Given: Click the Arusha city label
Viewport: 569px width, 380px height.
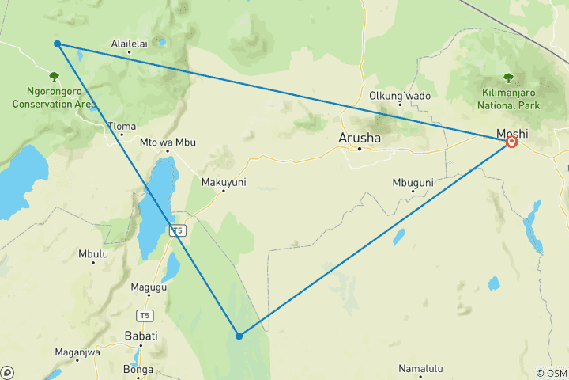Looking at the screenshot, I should (359, 138).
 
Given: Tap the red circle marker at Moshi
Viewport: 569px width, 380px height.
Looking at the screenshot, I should (511, 142).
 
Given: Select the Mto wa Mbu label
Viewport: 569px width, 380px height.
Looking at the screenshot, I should (167, 142).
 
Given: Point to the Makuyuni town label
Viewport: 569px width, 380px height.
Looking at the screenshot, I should (224, 182).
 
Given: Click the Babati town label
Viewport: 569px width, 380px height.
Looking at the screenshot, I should (141, 336).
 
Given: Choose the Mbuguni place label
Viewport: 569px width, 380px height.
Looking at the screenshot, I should (413, 183).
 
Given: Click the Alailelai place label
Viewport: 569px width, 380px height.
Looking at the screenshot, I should (130, 44).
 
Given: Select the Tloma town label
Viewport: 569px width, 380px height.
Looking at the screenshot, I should (122, 126).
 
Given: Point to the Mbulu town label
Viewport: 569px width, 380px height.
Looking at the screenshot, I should (92, 254).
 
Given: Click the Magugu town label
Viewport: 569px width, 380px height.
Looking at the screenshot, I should (149, 287).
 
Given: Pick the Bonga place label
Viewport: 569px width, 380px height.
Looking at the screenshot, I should (138, 369).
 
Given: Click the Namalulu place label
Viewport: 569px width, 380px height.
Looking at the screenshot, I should (420, 369).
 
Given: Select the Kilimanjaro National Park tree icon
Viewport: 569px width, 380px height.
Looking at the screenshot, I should (508, 78).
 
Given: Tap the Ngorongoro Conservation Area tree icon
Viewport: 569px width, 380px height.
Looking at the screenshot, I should (54, 77).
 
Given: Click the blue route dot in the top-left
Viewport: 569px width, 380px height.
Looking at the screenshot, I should (58, 44).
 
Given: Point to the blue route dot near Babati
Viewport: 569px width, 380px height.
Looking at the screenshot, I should (239, 336).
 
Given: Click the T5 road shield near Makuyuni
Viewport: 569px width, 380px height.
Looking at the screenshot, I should (178, 230).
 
